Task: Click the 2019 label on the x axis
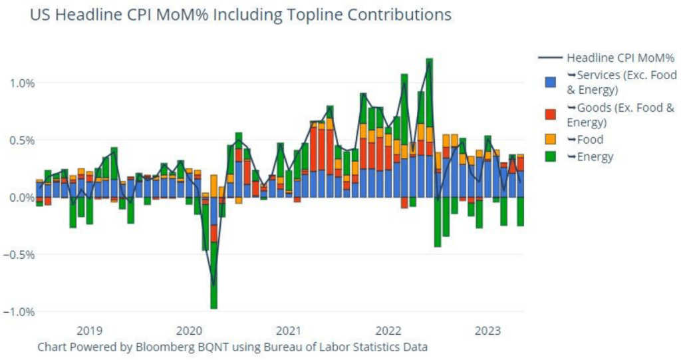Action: coord(89,331)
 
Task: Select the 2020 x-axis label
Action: coord(189,331)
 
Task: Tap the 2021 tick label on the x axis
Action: coord(289,331)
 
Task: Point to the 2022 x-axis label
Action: coord(388,331)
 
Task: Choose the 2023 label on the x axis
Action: coord(489,331)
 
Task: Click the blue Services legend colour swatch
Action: coord(550,82)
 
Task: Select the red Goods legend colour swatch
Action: coord(550,114)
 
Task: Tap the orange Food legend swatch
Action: coord(550,140)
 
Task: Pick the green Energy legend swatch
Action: coord(550,157)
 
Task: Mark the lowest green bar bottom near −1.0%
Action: coord(213,307)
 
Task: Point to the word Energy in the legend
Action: coord(595,157)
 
